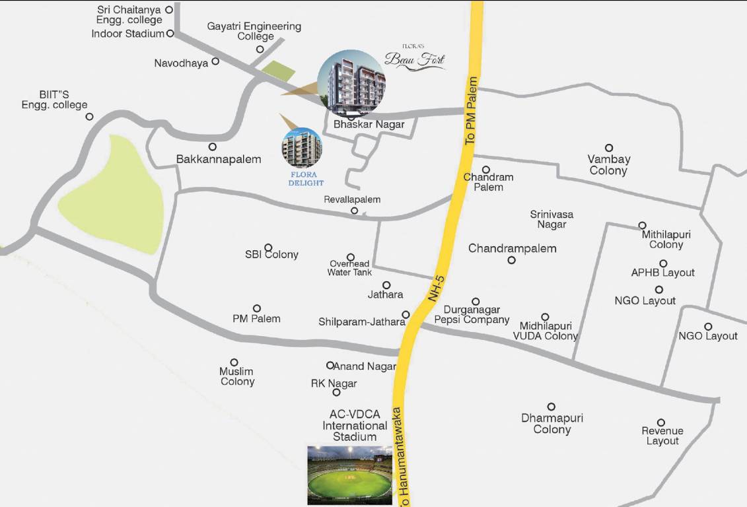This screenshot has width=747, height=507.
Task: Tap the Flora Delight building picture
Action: click(302, 148)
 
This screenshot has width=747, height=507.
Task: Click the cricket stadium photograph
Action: click(350, 475)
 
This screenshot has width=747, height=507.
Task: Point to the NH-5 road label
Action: click(437, 289)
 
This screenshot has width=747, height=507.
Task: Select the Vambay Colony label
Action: click(608, 165)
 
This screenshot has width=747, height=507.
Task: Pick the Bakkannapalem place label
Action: click(219, 159)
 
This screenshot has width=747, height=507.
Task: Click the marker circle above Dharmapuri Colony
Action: click(551, 407)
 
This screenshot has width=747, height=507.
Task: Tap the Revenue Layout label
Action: click(662, 436)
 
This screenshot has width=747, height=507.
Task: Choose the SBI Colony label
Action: click(271, 254)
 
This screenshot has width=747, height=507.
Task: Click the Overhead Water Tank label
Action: click(349, 267)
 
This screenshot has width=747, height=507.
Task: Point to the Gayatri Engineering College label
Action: click(254, 31)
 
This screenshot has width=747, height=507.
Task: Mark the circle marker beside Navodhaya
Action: click(215, 61)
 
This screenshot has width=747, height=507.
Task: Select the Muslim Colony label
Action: click(236, 376)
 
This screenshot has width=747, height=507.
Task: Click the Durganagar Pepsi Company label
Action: click(472, 314)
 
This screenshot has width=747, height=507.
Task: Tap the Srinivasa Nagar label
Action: click(551, 219)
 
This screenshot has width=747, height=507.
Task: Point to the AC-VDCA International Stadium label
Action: click(355, 425)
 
